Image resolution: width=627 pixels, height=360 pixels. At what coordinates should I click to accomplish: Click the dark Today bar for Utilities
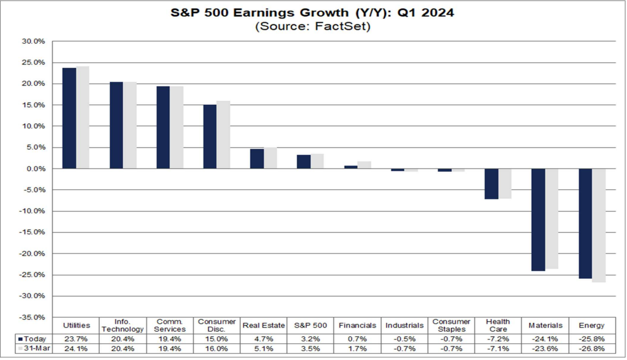pos(69,118)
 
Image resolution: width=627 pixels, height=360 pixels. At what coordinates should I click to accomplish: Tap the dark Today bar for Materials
pos(538,220)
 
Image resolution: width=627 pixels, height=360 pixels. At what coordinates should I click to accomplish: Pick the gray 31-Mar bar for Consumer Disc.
pos(223,135)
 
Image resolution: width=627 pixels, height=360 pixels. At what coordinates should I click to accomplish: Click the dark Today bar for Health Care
pos(491,184)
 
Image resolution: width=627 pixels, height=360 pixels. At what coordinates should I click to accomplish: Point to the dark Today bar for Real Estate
pos(257,159)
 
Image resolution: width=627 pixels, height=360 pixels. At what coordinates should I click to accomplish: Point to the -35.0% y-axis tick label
pos(33,317)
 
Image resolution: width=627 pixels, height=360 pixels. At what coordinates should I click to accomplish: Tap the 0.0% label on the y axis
pos(35,169)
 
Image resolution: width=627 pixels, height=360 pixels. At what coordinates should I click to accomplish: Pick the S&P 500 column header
pos(310,326)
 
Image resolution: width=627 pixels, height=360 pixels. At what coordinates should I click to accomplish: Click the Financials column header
pos(357,326)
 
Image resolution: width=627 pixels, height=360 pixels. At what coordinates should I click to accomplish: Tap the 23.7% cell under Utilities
pos(76,339)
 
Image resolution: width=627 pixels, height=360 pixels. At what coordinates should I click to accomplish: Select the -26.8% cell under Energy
pos(592,348)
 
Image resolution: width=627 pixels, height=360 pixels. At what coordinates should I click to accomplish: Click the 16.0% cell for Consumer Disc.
pos(216,348)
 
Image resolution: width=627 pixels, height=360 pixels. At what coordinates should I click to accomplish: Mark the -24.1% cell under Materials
pos(545,339)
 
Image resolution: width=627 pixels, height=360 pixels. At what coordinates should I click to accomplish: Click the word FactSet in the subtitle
pos(346,26)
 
